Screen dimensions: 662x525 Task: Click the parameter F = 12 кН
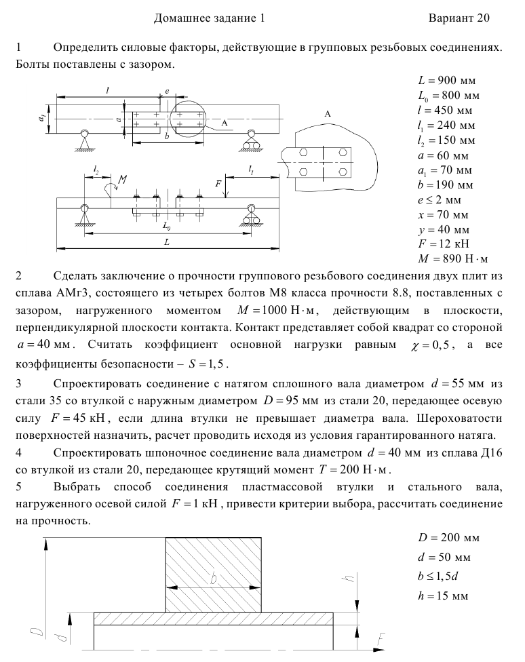[x=444, y=244]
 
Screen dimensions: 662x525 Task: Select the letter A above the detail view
[x=328, y=115]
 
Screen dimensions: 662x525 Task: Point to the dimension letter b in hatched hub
[x=214, y=578]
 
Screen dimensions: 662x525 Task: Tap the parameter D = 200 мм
[x=449, y=538]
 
